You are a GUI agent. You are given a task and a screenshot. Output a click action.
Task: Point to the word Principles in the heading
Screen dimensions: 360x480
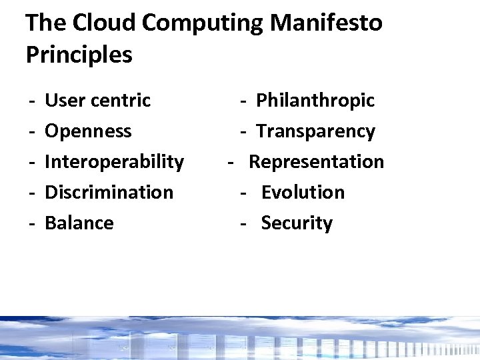click(79, 55)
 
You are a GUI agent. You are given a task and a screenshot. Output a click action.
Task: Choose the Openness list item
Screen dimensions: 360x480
click(88, 131)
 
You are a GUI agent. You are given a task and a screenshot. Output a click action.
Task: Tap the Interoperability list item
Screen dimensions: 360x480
click(114, 162)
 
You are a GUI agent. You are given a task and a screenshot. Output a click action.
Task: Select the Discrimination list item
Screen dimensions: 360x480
click(109, 193)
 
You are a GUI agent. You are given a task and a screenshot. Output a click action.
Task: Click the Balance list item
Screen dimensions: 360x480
click(79, 223)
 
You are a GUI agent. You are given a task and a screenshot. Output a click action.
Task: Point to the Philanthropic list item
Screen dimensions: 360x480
click(315, 101)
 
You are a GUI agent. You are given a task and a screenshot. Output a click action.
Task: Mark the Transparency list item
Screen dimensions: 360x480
click(315, 131)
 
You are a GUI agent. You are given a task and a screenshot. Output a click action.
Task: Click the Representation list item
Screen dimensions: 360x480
click(316, 162)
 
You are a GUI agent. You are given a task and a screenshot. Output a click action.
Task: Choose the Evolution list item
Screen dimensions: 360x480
click(303, 193)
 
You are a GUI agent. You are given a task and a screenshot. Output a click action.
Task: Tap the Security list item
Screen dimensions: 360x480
click(297, 223)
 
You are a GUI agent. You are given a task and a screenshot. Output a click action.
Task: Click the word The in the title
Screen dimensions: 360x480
click(45, 23)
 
